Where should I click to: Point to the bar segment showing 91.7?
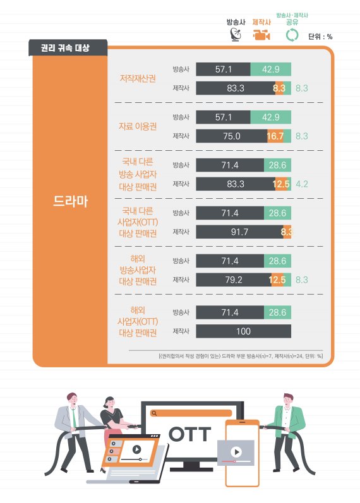239,232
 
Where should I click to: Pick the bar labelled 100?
243,331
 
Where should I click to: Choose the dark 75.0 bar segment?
232,136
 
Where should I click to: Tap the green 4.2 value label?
301,184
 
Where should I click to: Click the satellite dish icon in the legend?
235,35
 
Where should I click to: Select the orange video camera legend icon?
261,35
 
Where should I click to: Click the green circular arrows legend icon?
292,35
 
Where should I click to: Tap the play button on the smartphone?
235,452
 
